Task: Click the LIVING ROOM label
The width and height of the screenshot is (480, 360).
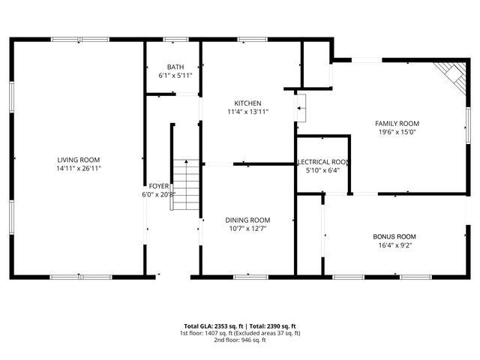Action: coord(79,160)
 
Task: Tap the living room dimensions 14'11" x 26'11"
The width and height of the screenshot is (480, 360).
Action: coord(79,169)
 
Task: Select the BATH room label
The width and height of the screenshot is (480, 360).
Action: coord(175,67)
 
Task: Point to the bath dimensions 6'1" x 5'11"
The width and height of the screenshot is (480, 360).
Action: coord(175,76)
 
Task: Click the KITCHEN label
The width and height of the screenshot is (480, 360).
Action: coord(247,103)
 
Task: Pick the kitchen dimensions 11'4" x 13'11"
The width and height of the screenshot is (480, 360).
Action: coord(247,112)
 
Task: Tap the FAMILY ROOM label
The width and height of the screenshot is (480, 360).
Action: coord(397,123)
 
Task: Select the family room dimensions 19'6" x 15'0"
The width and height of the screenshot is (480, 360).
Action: coord(397,132)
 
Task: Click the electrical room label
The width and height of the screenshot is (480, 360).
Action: coord(323,161)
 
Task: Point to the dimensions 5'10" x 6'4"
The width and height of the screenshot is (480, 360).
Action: coord(323,170)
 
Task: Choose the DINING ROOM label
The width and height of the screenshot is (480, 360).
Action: coord(247,220)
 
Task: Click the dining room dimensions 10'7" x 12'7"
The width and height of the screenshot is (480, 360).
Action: coord(247,229)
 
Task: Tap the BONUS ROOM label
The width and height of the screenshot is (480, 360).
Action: coord(394,236)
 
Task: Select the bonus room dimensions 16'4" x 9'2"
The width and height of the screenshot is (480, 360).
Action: coord(394,245)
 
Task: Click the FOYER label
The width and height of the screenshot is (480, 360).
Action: coord(159,185)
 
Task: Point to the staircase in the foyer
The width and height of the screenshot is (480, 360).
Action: coord(187,184)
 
